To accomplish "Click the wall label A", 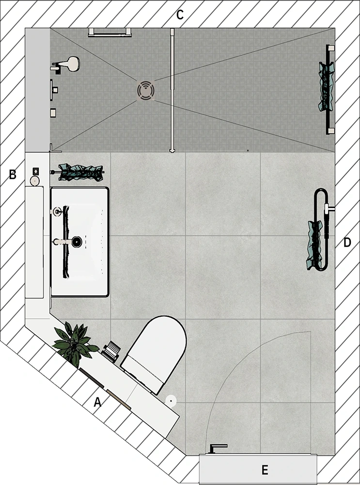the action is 97,403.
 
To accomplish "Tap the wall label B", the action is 13,175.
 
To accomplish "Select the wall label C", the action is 180,15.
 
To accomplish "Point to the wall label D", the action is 347,242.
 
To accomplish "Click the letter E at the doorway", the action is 265,470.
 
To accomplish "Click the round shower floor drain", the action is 146,90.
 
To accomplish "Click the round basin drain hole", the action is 77,242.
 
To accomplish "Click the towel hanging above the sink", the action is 81,172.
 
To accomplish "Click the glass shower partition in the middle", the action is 172,90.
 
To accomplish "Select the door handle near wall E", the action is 218,448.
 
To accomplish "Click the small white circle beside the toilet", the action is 171,401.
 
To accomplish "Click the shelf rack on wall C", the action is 110,32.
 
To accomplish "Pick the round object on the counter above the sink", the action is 34,181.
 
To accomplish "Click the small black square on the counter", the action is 35,170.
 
